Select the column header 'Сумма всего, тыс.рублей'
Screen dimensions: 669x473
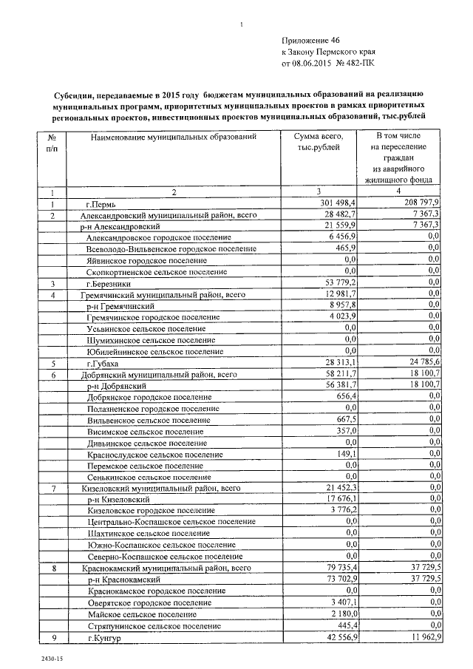click(318, 143)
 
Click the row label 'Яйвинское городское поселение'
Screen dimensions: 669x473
click(147, 261)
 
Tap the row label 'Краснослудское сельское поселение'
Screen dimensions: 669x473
click(144, 454)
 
